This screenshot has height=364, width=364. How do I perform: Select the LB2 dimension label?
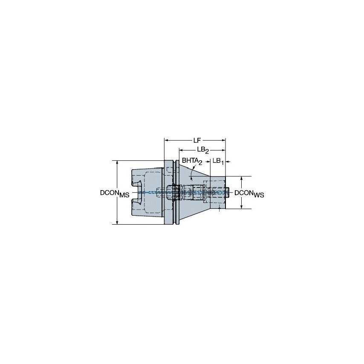tap(202, 150)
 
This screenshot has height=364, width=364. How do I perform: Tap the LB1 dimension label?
tap(218, 161)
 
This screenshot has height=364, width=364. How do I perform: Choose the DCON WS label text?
tap(249, 193)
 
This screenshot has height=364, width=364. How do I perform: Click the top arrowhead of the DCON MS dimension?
tap(117, 163)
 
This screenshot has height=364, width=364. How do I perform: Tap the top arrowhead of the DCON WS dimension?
tap(242, 178)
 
